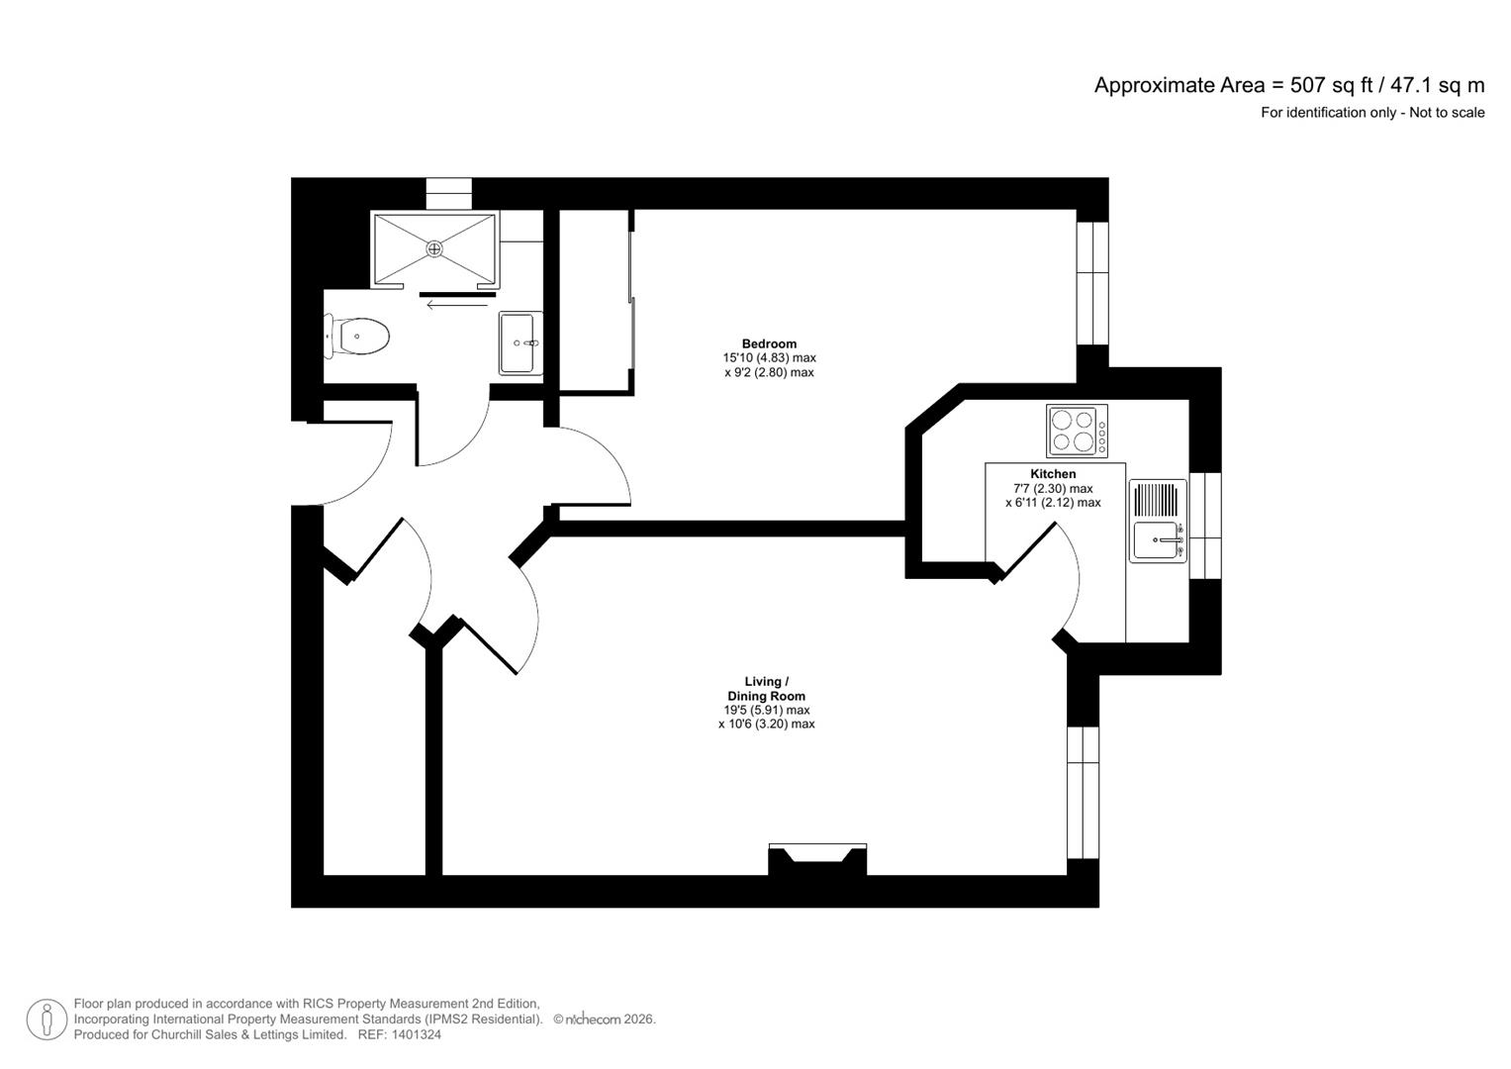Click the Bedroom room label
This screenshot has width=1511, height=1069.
pos(769,343)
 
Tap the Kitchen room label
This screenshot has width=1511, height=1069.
pos(1053,474)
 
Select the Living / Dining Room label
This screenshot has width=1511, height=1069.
pos(766,689)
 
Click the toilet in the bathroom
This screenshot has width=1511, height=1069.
pos(359,337)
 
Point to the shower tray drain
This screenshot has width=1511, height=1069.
pos(433,249)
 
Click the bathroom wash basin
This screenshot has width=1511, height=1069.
pos(519,342)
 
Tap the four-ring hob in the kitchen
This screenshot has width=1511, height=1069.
pos(1077,432)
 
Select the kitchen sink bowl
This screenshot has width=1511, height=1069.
pos(1156,540)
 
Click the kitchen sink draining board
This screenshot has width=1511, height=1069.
pos(1157,499)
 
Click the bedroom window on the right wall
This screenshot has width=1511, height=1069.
pos(1092,282)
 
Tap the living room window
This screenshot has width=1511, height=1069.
pos(1083,792)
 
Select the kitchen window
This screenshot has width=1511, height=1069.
pos(1204,525)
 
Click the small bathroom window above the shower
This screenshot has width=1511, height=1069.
pos(448,193)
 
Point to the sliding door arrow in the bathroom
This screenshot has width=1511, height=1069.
pos(457,305)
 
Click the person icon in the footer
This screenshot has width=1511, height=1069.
pos(47,1020)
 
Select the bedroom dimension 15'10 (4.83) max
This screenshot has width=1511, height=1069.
pos(769,358)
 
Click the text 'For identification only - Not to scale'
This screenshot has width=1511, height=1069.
pos(1371,113)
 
